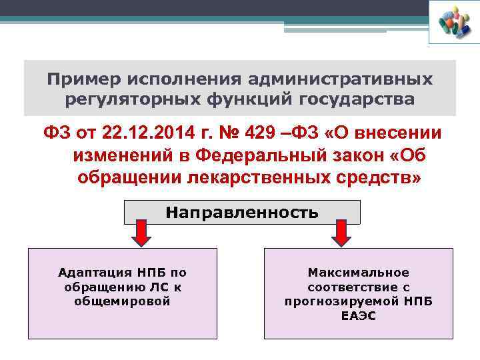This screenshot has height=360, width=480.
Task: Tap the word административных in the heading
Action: coord(343,80)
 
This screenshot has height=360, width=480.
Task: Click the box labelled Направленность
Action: coord(242,213)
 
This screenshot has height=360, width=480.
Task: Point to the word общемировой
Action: coord(123,301)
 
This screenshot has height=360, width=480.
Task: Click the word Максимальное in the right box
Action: coord(358,273)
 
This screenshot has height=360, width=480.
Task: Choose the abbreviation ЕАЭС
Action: coord(358,315)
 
